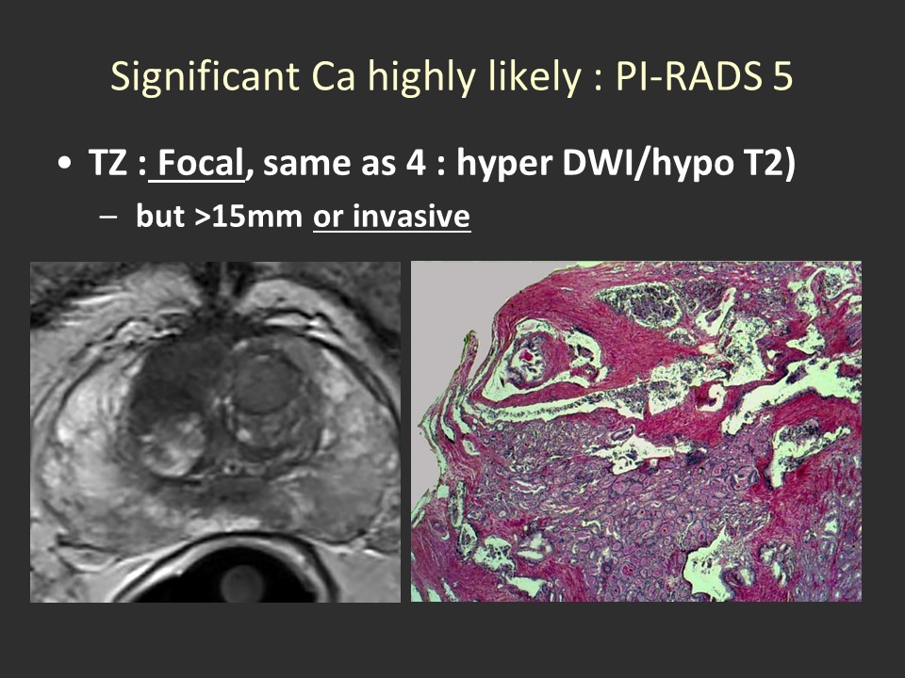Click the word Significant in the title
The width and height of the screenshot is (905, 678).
pos(205,76)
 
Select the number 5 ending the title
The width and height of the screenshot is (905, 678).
pos(782,76)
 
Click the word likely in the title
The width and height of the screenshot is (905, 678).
pos(534,76)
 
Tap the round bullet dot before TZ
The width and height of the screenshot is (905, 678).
pos(65,163)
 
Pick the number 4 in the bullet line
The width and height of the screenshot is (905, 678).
pos(416,163)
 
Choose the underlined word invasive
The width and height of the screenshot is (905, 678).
pos(412,217)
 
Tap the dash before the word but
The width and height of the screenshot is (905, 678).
pos(108,218)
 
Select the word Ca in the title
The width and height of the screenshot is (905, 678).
pos(333,76)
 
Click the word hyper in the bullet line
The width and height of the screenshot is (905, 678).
pos(505,163)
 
